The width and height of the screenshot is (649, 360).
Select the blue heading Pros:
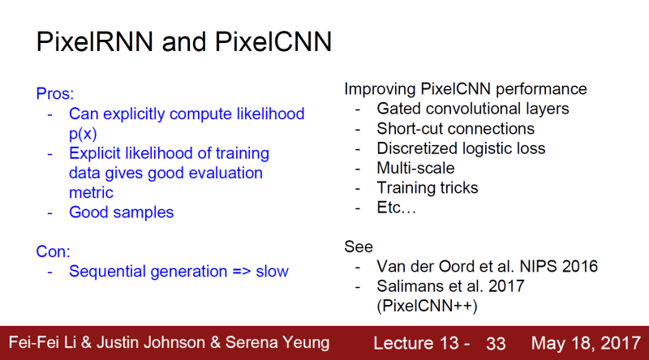(54, 93)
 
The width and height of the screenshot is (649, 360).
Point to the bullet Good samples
(121, 212)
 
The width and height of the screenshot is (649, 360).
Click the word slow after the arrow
(272, 271)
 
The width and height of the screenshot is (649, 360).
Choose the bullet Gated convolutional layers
(473, 109)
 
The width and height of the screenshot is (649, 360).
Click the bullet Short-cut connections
(455, 128)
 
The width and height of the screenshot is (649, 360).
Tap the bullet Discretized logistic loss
(461, 148)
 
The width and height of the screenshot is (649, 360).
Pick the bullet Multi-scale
(415, 168)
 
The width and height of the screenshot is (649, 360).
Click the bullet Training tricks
(428, 188)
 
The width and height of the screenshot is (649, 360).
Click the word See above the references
(359, 246)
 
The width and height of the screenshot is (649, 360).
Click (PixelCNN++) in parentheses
(427, 306)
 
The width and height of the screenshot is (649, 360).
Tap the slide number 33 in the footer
(496, 342)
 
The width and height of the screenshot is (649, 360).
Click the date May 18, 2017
(582, 342)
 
